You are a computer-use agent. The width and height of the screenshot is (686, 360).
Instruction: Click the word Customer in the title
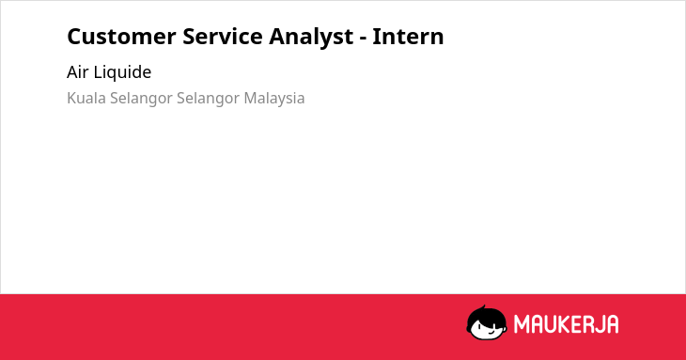(121, 37)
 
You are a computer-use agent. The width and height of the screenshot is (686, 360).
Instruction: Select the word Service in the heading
(223, 37)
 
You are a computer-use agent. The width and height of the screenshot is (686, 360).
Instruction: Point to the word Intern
(408, 37)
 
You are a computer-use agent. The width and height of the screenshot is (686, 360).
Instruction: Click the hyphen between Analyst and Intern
(363, 39)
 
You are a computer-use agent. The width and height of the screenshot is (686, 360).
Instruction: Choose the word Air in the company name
(77, 72)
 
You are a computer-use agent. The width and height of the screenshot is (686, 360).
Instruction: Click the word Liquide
(122, 72)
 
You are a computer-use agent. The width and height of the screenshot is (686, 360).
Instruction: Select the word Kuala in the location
(86, 98)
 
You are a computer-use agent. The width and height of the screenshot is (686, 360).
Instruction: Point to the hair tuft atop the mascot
(483, 307)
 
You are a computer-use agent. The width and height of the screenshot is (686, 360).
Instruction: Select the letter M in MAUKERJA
(522, 324)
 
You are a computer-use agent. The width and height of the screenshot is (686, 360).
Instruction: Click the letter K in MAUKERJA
(565, 324)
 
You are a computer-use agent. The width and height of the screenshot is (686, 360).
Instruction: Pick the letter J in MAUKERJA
(600, 324)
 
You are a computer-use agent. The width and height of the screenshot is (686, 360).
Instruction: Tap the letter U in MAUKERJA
(551, 324)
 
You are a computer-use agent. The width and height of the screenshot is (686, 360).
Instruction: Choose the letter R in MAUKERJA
(587, 324)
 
